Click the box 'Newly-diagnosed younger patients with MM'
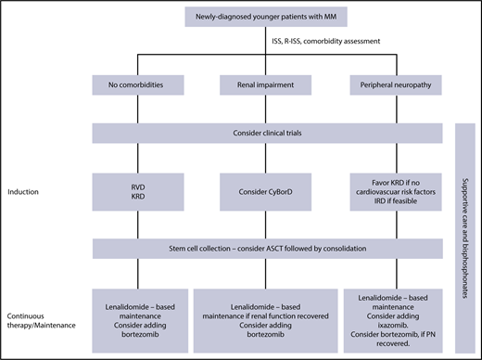coord(266,16)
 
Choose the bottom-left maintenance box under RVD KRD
coord(138,312)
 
